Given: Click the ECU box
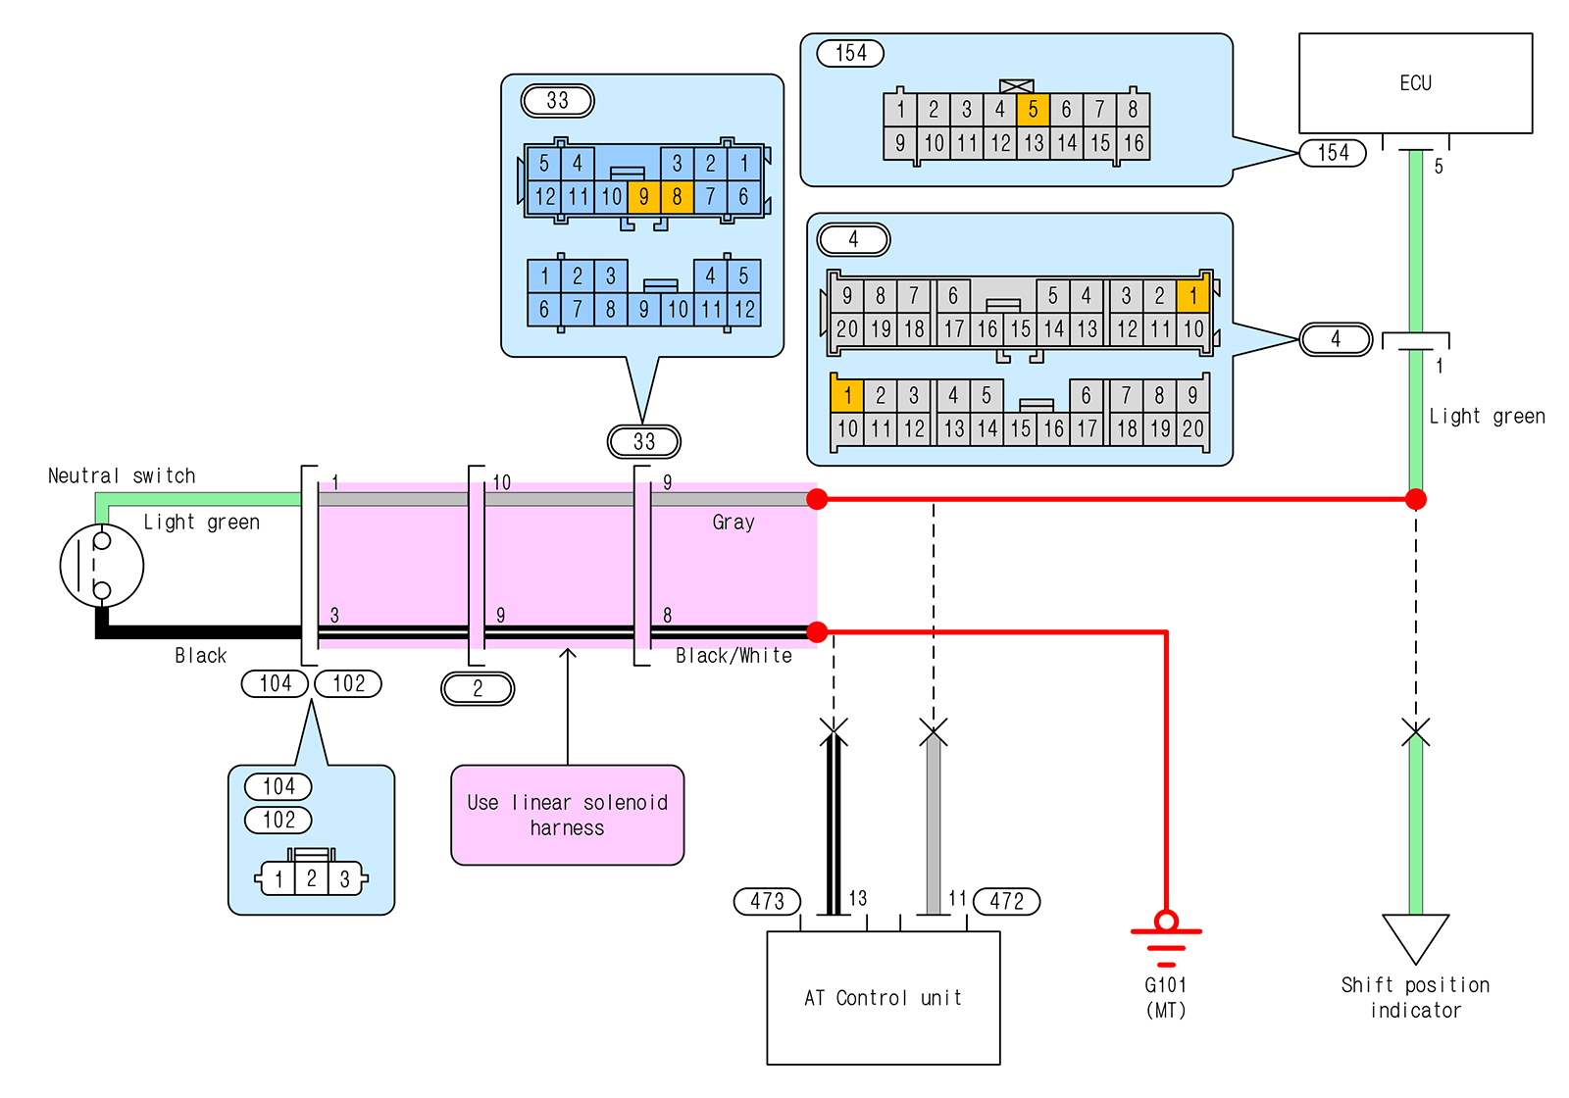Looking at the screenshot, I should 1414,83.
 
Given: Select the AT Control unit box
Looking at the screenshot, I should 883,997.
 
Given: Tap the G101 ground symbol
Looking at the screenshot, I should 1166,936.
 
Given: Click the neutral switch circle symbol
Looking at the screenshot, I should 102,566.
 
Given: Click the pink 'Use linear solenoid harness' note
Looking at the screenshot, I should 567,815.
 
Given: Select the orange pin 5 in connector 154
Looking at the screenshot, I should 1033,110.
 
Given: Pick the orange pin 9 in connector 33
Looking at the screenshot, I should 643,197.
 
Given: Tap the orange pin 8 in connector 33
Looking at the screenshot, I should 677,197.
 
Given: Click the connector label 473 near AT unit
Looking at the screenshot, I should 767,901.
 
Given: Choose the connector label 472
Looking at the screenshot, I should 1006,901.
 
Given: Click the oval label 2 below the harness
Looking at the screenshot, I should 478,688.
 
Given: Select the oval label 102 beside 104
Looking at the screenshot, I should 348,683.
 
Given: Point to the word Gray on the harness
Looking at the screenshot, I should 734,523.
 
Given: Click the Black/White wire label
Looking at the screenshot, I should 734,656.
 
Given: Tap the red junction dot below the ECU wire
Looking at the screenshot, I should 1415,500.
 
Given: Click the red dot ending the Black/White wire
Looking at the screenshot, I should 817,632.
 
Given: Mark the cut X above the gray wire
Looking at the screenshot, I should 934,731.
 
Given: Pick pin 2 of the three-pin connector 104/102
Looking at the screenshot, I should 311,878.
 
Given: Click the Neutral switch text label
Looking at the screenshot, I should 122,476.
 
